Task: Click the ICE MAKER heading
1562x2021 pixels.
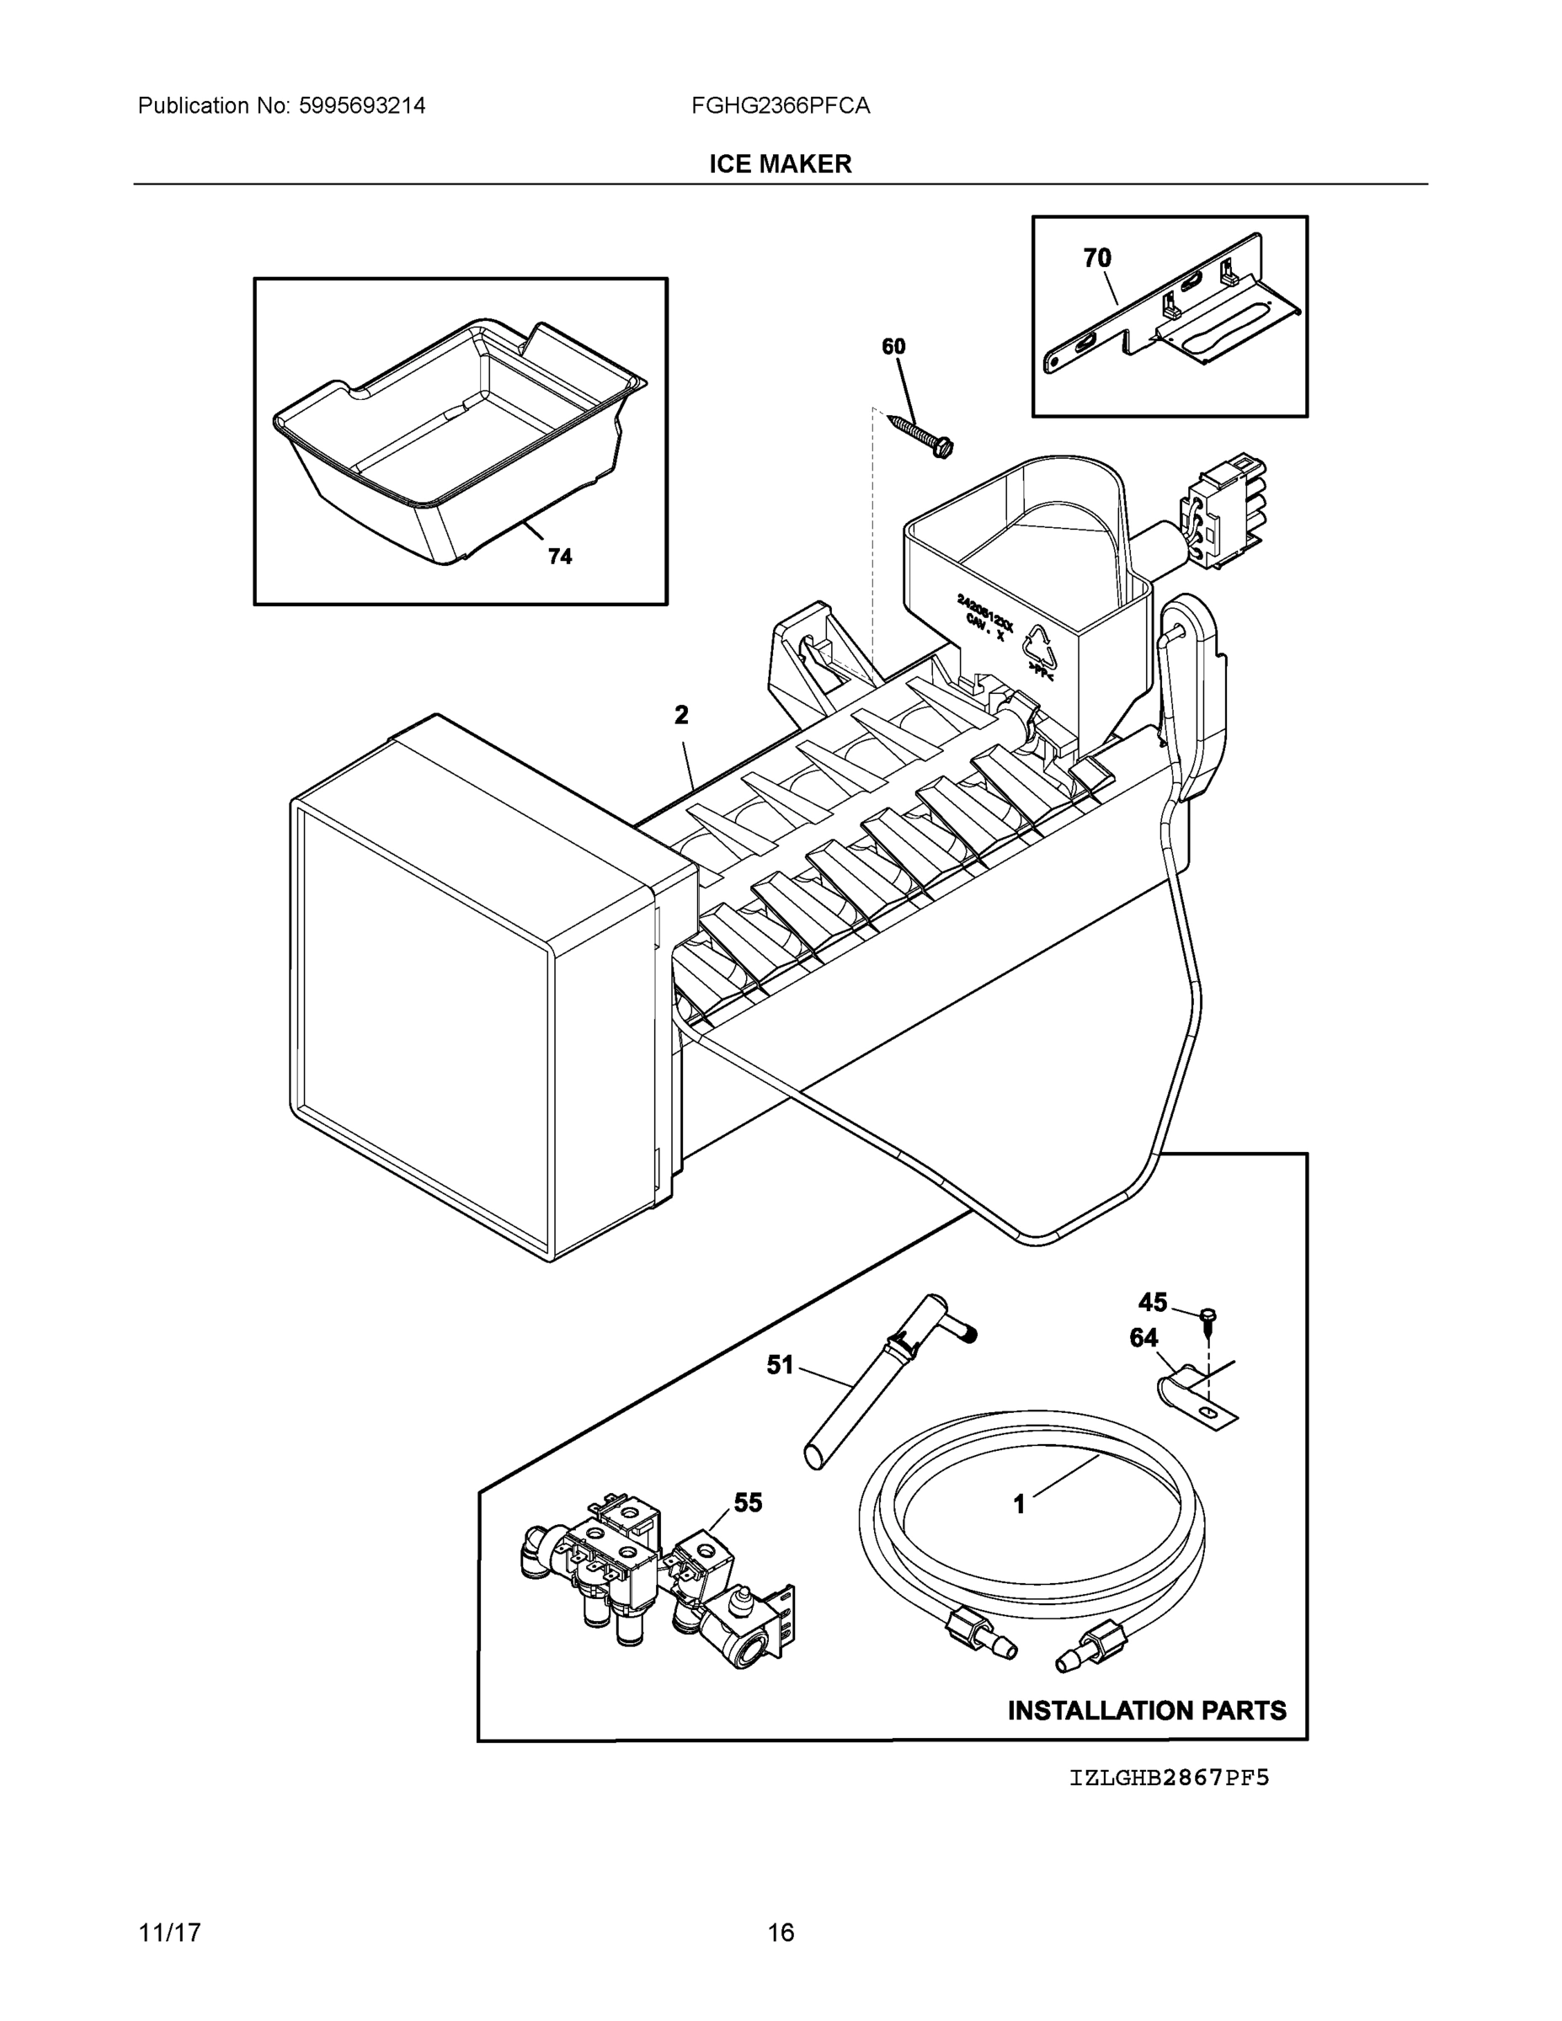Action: click(780, 164)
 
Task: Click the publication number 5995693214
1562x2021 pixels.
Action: click(362, 106)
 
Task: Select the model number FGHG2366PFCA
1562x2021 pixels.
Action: click(780, 106)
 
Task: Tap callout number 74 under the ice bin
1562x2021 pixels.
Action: click(560, 556)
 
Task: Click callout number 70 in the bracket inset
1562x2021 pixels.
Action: click(1096, 259)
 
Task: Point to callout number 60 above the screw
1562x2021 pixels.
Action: click(893, 347)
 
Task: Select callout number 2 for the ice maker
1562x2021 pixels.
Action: click(681, 714)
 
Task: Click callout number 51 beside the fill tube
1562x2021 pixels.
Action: click(780, 1365)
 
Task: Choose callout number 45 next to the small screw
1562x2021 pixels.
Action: click(1152, 1303)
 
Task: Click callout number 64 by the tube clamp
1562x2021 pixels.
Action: click(1144, 1338)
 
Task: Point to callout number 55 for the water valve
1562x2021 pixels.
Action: click(748, 1503)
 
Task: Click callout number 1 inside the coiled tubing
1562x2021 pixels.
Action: click(1019, 1505)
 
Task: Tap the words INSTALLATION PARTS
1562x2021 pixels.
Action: click(1147, 1710)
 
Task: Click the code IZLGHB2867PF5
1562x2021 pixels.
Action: click(1169, 1778)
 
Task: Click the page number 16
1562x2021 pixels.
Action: click(780, 1933)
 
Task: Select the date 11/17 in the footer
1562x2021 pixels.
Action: click(169, 1933)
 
